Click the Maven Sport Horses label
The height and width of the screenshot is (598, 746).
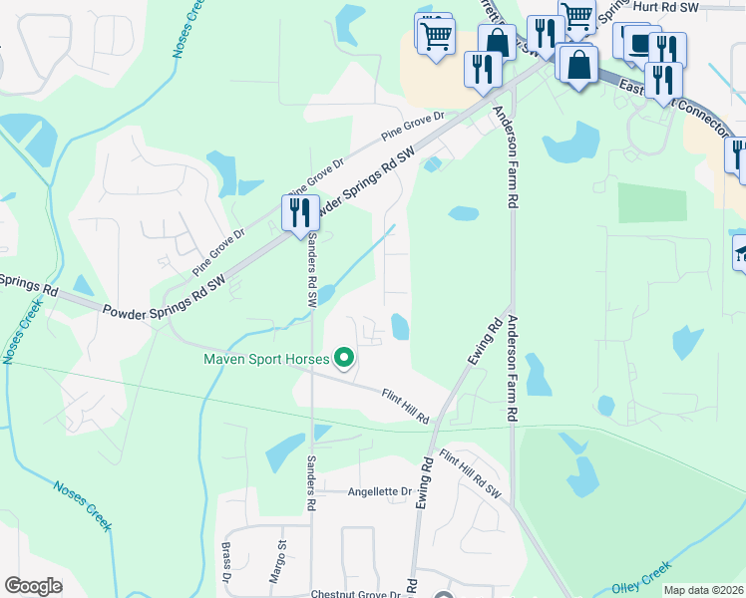(x=266, y=359)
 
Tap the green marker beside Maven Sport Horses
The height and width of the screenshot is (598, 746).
(x=344, y=357)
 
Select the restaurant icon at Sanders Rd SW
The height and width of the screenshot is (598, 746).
(x=299, y=212)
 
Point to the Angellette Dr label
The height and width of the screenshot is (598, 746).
(x=379, y=491)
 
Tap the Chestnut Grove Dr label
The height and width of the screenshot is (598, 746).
(x=355, y=594)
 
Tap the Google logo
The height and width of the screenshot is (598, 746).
(x=33, y=586)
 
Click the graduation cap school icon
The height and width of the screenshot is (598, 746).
(x=740, y=252)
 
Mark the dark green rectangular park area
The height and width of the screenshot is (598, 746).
(x=652, y=202)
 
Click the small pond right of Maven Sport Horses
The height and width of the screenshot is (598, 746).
(x=400, y=326)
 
